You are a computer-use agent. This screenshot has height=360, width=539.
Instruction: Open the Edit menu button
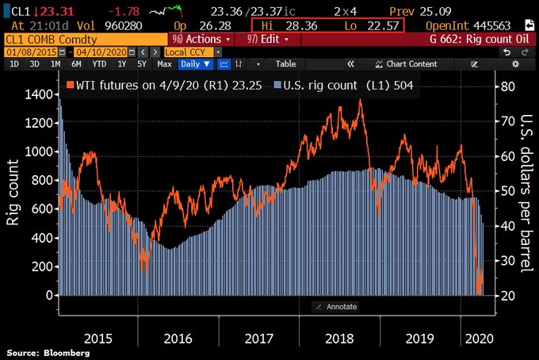tap(266, 38)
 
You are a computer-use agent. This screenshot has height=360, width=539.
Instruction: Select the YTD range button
tap(99, 63)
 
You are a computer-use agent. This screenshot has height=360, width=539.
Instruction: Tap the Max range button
tap(164, 63)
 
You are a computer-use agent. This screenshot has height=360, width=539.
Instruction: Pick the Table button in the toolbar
tap(285, 63)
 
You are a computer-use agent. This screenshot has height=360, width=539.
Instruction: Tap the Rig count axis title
tap(13, 193)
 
